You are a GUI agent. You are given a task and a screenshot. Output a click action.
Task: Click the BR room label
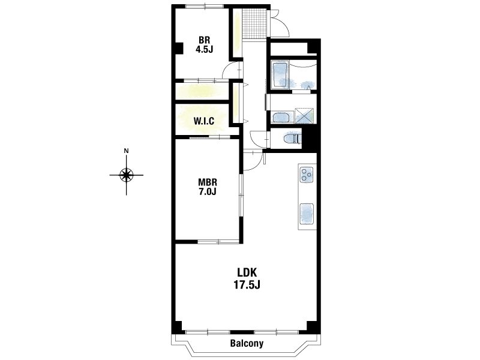(x=204, y=40)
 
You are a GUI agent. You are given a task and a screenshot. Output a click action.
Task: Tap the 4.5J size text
(x=204, y=49)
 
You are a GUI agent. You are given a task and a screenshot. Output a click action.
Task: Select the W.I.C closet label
(x=204, y=121)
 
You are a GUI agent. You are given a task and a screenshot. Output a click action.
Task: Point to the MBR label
(x=208, y=182)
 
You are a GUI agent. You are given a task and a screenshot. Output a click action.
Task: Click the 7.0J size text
(x=208, y=191)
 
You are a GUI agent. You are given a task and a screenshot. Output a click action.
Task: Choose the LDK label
(x=247, y=272)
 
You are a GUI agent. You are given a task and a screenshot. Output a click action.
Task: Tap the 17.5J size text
(x=247, y=285)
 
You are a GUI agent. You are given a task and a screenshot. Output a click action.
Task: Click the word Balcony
(x=247, y=343)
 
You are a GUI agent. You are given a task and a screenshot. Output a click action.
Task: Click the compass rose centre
(x=126, y=175)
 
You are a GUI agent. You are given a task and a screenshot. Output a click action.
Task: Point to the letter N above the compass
(x=126, y=151)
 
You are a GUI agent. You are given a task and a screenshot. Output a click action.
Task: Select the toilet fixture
(x=292, y=139)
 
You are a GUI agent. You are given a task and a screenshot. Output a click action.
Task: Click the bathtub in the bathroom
(x=279, y=74)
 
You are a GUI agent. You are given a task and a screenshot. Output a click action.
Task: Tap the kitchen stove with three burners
(x=307, y=175)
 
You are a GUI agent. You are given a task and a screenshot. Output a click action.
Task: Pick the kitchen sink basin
(x=307, y=213)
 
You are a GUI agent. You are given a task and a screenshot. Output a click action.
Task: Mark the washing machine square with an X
(x=304, y=115)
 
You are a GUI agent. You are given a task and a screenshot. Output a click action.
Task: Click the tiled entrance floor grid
(x=254, y=23)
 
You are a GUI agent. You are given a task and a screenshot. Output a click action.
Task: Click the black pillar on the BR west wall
(x=178, y=49)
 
